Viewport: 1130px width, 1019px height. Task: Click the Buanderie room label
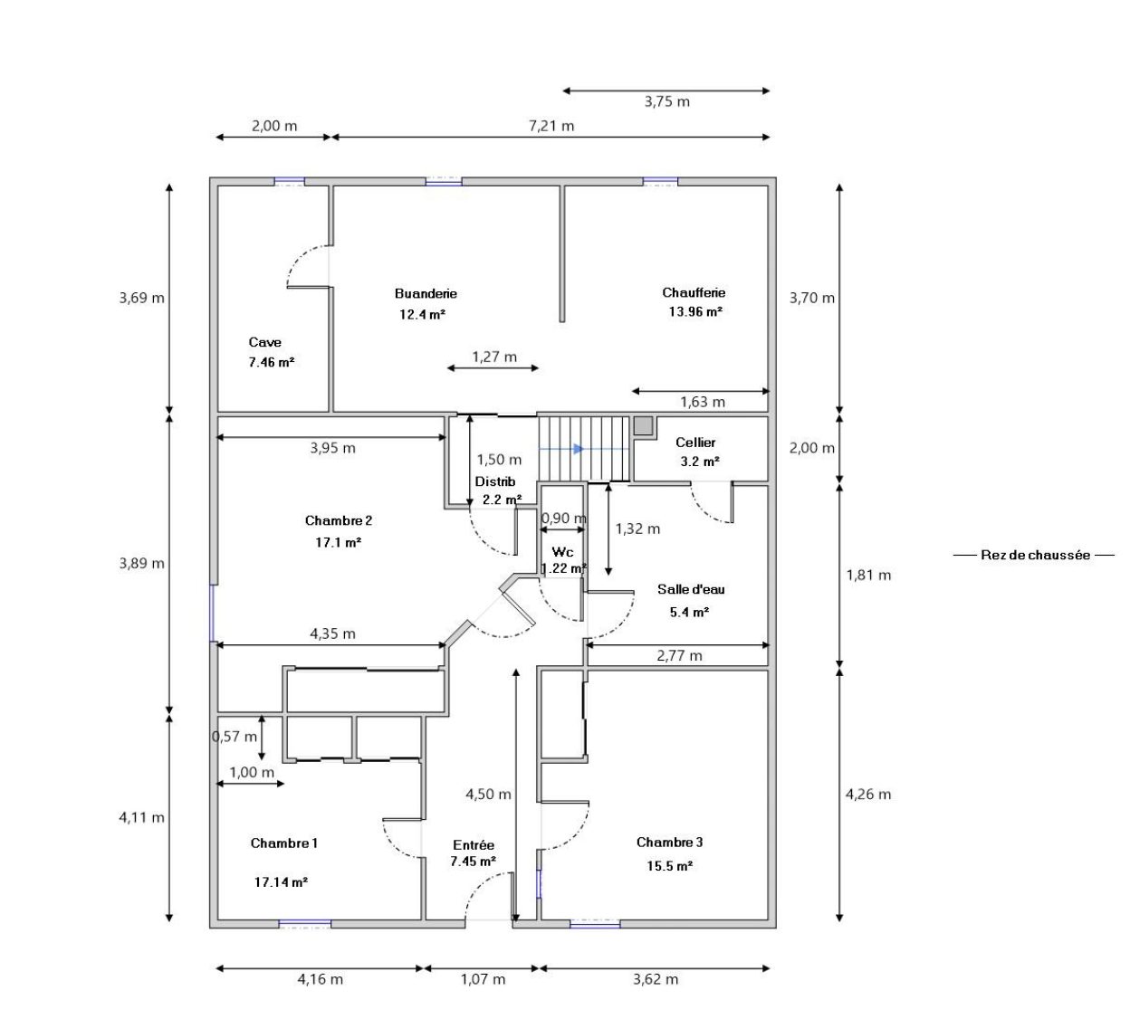pos(426,293)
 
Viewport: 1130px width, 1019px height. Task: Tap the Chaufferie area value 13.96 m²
pos(695,312)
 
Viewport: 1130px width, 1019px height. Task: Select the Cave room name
pos(264,342)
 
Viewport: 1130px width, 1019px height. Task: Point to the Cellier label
pos(695,443)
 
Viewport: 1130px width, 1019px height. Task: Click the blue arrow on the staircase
pos(578,449)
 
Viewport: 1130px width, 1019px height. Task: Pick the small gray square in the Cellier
pos(643,425)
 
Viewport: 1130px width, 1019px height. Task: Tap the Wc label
pos(562,552)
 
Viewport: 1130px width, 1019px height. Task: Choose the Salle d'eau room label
pos(691,589)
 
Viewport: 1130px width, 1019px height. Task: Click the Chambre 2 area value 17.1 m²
pos(338,543)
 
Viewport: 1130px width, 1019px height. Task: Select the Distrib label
pos(495,481)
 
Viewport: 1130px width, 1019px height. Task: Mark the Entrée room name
pos(474,845)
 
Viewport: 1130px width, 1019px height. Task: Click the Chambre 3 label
pos(669,843)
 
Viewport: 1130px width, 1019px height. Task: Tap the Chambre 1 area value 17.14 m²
pos(281,882)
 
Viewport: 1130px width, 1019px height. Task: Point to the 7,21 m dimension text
pos(551,126)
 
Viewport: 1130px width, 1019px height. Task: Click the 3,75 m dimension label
pos(667,101)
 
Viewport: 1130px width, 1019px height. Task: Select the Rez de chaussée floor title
pos(1035,555)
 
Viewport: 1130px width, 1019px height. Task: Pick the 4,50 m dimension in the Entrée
pos(488,795)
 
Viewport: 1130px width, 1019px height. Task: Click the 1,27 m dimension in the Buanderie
pos(494,357)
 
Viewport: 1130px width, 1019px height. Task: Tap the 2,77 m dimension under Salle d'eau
pos(679,656)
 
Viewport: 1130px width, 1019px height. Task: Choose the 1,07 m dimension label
pos(483,979)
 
